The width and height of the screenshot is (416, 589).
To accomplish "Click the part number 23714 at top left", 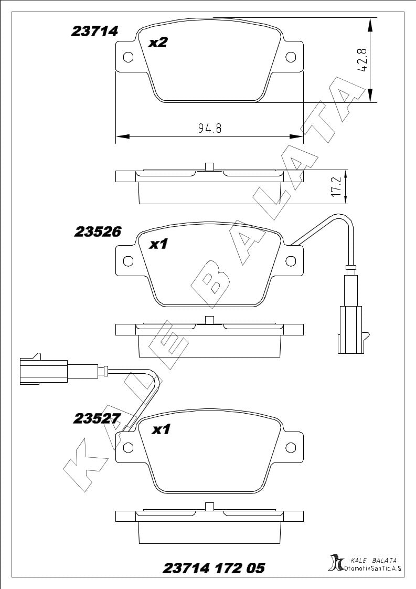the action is tap(94, 31).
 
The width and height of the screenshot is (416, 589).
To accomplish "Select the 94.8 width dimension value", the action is tap(210, 129).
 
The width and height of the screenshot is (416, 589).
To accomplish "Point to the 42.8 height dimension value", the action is tap(362, 60).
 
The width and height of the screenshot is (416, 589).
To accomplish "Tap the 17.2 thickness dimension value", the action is tap(337, 187).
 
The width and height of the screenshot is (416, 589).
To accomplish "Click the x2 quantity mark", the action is tap(158, 43).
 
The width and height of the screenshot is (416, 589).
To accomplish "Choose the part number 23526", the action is tap(98, 232).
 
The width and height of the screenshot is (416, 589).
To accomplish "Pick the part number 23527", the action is tap(97, 418).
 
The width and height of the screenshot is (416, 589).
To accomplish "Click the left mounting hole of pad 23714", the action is tap(128, 57).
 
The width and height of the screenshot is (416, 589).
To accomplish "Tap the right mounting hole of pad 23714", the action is tap(291, 57).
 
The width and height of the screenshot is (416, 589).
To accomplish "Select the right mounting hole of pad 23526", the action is tap(291, 261).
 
